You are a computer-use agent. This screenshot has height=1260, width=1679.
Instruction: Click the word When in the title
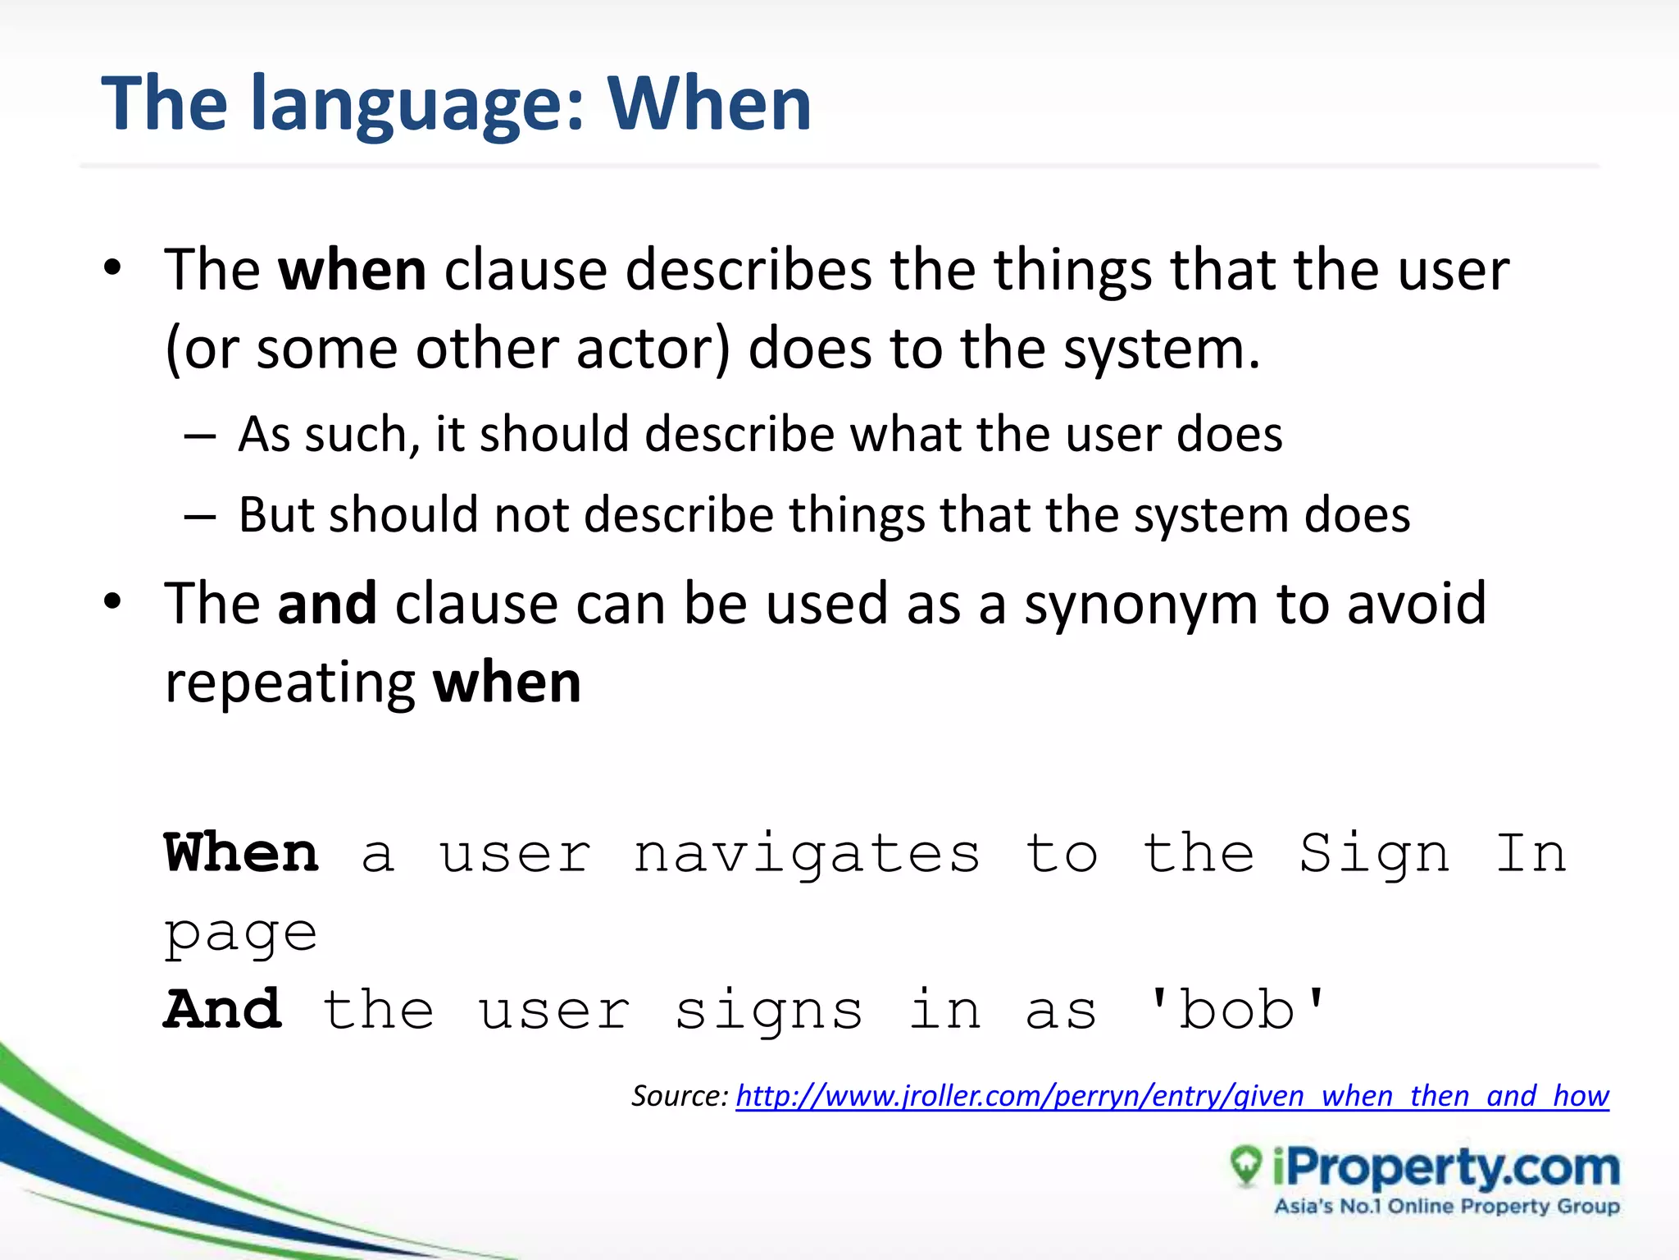pyautogui.click(x=709, y=103)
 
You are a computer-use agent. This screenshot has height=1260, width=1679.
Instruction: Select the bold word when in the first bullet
pyautogui.click(x=352, y=270)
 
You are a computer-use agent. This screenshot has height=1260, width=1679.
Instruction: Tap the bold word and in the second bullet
pyautogui.click(x=327, y=603)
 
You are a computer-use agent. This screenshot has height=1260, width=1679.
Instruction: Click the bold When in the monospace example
pyautogui.click(x=241, y=853)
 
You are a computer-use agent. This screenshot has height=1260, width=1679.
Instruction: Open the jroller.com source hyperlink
pyautogui.click(x=1172, y=1096)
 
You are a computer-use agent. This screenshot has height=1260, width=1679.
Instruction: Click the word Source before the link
pyautogui.click(x=677, y=1096)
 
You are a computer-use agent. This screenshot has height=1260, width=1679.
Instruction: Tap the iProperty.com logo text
pyautogui.click(x=1446, y=1168)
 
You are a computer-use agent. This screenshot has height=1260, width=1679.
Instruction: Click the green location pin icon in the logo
pyautogui.click(x=1245, y=1165)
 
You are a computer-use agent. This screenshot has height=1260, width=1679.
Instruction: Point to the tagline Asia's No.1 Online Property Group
pyautogui.click(x=1447, y=1206)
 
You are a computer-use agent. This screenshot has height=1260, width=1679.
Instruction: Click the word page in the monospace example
pyautogui.click(x=241, y=934)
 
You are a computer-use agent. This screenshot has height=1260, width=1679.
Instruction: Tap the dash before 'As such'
pyautogui.click(x=200, y=436)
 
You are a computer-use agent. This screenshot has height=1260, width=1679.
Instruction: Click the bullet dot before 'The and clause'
pyautogui.click(x=113, y=601)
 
